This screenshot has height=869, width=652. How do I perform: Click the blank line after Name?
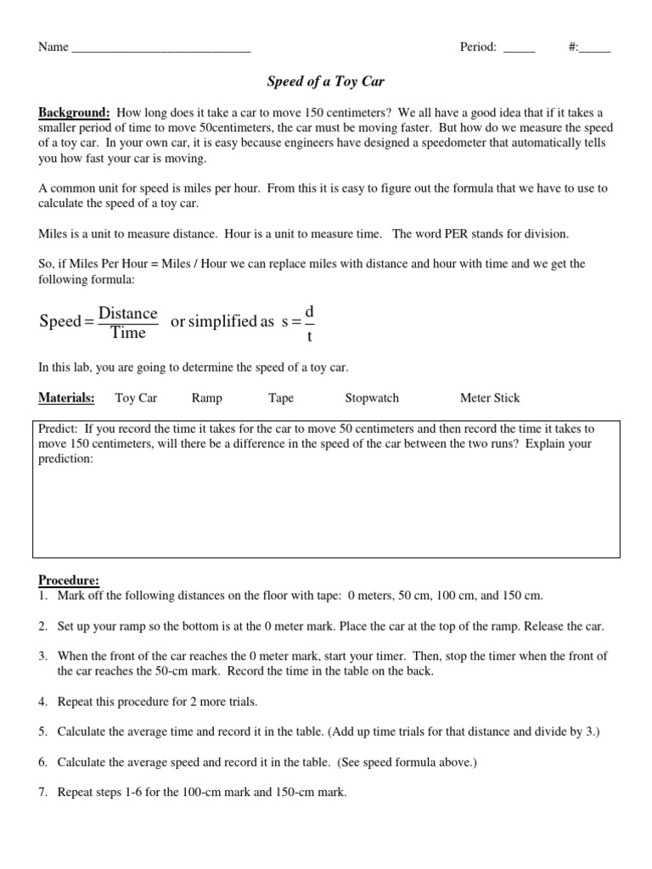tap(161, 49)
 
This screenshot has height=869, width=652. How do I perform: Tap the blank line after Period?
tap(520, 49)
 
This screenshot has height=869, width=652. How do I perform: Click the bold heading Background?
tap(74, 113)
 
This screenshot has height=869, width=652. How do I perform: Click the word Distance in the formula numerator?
tap(128, 313)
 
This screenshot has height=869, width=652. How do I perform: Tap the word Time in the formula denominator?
tap(128, 333)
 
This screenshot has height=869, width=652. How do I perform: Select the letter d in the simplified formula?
tap(309, 312)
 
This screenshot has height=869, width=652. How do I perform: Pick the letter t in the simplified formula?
tap(309, 336)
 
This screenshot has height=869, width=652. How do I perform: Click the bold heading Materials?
tap(66, 397)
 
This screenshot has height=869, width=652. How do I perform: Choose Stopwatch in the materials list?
tap(372, 397)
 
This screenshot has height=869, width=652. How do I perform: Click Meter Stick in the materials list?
tap(490, 397)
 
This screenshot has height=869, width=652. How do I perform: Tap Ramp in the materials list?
tap(207, 397)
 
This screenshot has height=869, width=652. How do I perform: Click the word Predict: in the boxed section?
tap(59, 429)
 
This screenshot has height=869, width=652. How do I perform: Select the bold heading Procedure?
tap(69, 580)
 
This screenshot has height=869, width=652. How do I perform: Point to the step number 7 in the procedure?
tap(42, 793)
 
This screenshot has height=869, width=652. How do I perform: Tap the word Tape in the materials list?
tap(281, 397)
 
